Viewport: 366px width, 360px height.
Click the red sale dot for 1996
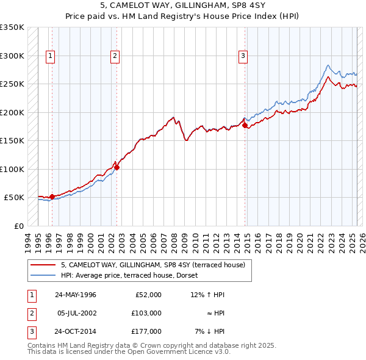52,196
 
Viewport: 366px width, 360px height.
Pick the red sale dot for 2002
117,167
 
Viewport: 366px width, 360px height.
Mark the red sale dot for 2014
245,125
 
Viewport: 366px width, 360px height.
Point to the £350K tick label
12,27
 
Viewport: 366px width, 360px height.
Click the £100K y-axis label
12,169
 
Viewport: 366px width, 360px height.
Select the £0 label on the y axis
18,226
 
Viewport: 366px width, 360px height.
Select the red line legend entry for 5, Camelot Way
152,265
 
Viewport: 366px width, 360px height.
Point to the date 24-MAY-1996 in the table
75,295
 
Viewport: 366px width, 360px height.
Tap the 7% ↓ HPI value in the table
210,331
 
